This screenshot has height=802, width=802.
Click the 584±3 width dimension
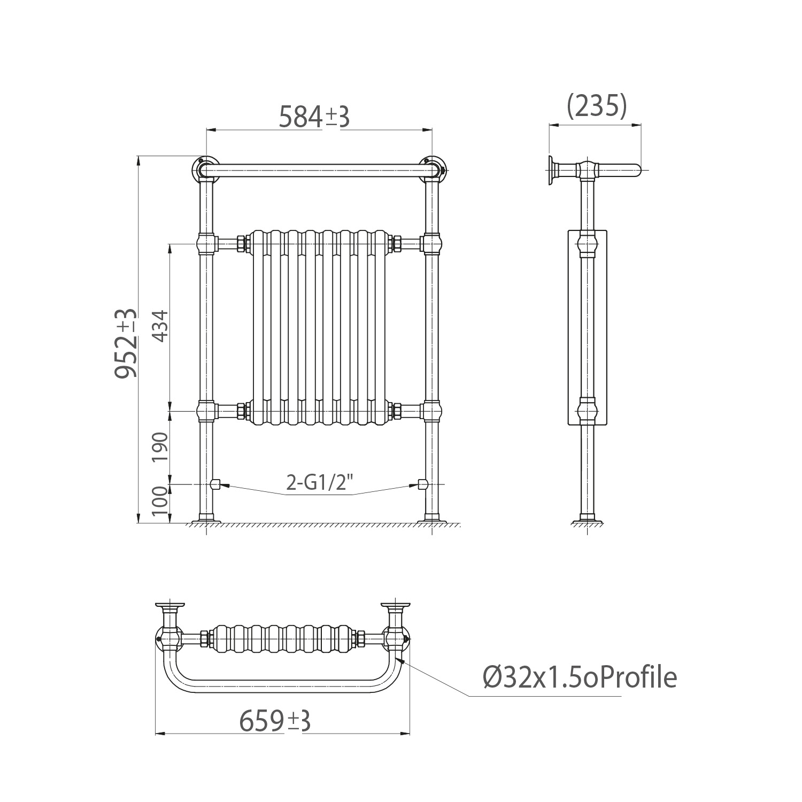point(314,118)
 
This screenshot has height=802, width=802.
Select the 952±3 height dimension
point(127,343)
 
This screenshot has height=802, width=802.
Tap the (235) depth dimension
point(596,106)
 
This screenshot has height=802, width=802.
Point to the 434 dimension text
point(161,327)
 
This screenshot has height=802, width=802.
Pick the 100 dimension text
point(161,501)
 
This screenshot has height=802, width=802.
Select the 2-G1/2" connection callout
point(320,483)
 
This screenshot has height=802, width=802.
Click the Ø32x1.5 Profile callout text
point(580,678)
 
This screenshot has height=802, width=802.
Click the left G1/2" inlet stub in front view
point(216,484)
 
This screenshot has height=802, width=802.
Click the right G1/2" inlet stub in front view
point(422,484)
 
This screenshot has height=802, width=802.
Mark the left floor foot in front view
point(206,518)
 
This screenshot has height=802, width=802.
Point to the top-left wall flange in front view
point(205,167)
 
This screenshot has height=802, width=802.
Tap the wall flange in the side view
point(551,171)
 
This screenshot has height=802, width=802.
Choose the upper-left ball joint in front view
point(207,244)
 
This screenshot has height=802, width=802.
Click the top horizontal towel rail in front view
point(319,171)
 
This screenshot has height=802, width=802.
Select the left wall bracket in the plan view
point(169,610)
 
